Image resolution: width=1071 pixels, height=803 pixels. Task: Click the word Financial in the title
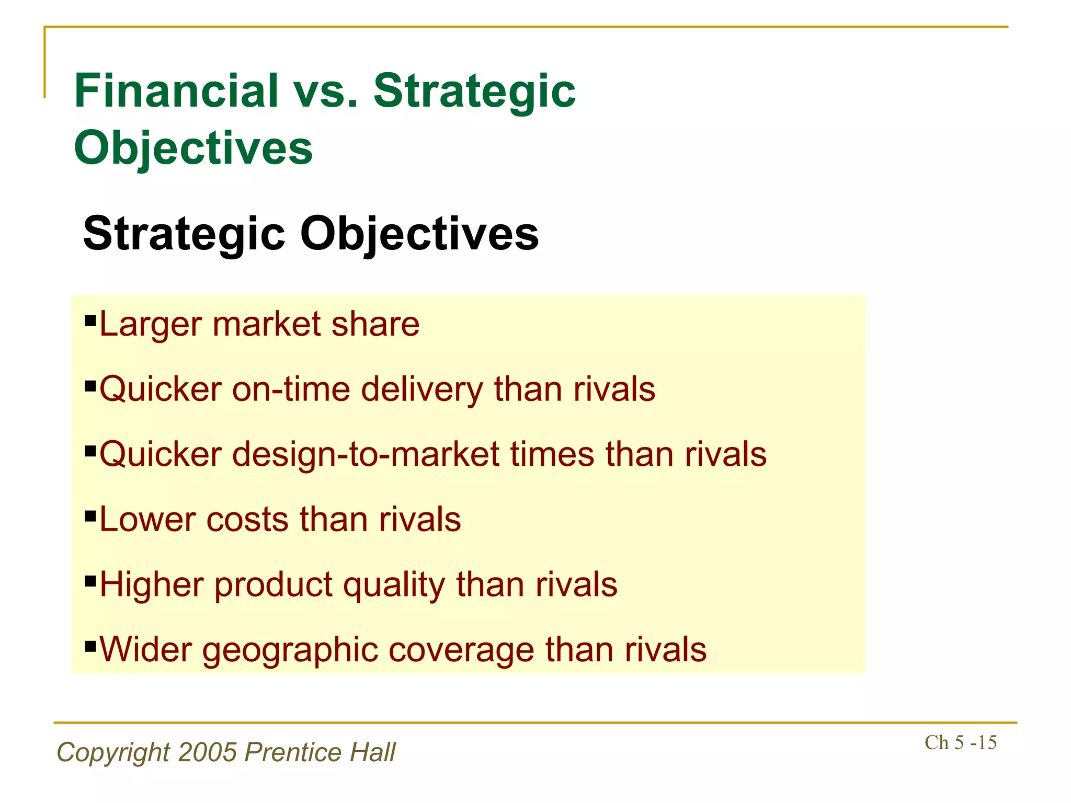coord(176,91)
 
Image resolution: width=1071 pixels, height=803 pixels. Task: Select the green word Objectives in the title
coord(193,148)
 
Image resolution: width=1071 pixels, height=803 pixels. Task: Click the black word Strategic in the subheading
coord(184,234)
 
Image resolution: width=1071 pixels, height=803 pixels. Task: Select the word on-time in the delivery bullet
coord(291,389)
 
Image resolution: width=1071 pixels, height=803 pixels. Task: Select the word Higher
coord(151,584)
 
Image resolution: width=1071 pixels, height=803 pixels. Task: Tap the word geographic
coord(290,650)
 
